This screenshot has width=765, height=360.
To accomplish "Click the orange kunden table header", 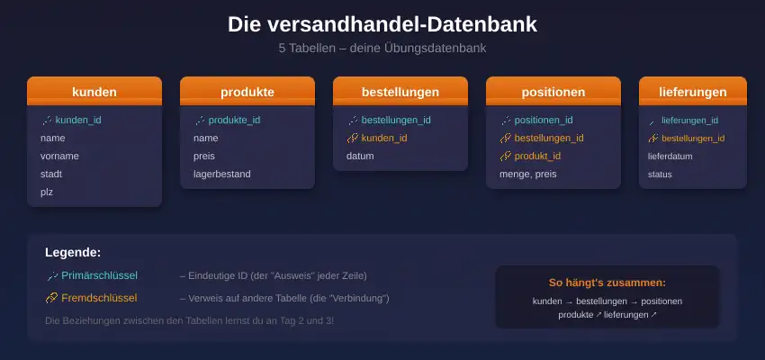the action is [94, 91].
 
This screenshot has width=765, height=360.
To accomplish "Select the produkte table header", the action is [247, 91].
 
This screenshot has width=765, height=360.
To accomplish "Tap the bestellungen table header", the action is [400, 91].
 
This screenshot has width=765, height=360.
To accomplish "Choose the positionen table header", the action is [553, 91].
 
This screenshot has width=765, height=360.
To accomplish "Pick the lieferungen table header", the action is [693, 91].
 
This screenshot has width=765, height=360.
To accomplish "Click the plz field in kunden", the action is [47, 193].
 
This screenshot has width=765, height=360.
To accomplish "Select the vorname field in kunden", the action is [59, 156].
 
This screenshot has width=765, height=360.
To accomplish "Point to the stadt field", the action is [51, 174].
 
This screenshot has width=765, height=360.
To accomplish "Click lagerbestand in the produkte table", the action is [222, 174].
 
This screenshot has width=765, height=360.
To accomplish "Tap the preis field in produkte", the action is [204, 156].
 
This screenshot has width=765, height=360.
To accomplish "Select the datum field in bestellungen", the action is [360, 156].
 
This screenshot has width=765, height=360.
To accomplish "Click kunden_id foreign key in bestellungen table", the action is [384, 138].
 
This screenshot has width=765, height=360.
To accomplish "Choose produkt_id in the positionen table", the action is [537, 156].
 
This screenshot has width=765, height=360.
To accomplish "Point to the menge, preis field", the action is [528, 174].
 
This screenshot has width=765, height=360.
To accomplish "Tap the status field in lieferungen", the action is [660, 174].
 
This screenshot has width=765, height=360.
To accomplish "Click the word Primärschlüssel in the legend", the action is [100, 275].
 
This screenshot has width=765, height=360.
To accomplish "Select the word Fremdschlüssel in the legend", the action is [99, 298].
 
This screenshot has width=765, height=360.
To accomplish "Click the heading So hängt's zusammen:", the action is [607, 283].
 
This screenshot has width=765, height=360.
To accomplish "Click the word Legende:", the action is [73, 253].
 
